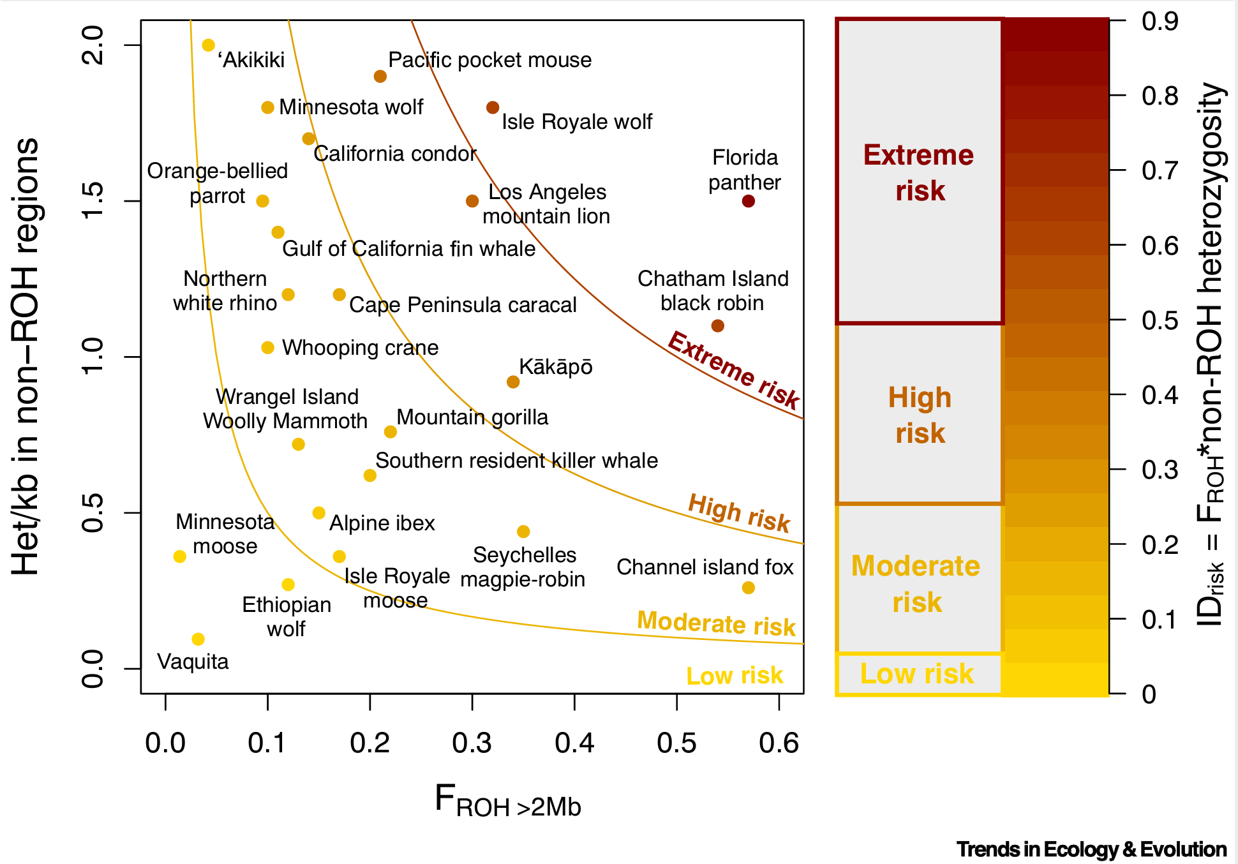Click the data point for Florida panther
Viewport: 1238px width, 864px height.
749,201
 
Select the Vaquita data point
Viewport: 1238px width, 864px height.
198,639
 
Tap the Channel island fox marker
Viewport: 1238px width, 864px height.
749,588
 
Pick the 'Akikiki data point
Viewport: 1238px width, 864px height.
209,45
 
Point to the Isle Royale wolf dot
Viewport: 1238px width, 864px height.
493,108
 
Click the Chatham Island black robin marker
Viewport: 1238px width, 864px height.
718,326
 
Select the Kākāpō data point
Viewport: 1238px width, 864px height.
513,382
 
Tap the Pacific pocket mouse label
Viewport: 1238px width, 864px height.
489,60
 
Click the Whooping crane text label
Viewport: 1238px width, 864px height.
360,348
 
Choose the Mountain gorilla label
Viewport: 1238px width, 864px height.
472,417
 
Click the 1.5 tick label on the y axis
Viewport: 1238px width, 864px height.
93,201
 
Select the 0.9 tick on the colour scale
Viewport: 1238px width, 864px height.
1160,22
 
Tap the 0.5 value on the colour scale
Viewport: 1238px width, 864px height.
1160,320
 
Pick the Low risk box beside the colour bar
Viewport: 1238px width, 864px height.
918,674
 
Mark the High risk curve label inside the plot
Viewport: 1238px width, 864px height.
739,512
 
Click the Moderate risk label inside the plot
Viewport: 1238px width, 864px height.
716,623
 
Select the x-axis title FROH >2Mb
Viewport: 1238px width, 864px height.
508,801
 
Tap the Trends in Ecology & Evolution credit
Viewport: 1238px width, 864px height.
1091,849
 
